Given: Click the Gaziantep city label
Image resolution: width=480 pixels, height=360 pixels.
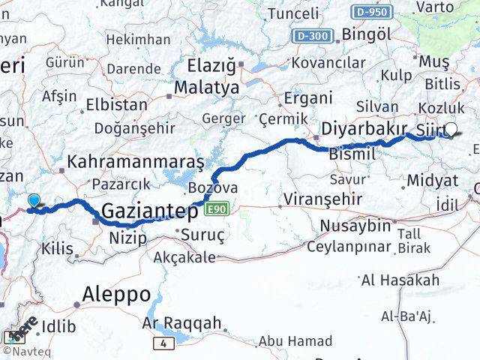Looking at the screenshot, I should [149, 211].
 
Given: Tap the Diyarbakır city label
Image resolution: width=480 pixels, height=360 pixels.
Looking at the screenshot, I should [364, 128].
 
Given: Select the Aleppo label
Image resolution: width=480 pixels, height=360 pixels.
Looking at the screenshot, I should [116, 293].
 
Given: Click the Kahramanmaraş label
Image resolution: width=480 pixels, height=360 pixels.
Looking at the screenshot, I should [136, 161].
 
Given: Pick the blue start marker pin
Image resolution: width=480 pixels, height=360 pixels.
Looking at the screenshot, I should [33, 200].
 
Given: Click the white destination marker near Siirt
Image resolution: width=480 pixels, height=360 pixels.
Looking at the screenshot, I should [451, 129].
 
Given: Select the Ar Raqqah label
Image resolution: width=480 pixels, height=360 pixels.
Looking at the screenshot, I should [181, 324].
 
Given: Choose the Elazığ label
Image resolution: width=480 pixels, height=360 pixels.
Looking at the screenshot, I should [205, 65].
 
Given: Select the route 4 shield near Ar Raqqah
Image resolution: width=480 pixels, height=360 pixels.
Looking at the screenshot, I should [163, 343].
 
